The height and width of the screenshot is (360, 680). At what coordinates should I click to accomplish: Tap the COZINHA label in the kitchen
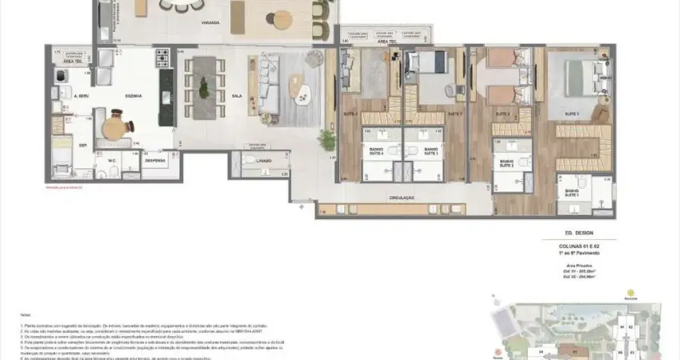[x=134, y=95]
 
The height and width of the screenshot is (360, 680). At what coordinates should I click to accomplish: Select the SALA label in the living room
[x=214, y=95]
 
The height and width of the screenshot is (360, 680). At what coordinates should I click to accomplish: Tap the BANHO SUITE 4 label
[x=376, y=150]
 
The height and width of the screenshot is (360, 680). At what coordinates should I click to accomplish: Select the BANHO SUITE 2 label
[x=506, y=162]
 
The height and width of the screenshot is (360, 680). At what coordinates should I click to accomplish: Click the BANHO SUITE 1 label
[x=572, y=193]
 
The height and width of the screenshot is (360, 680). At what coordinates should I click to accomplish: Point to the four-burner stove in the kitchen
[x=162, y=58]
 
